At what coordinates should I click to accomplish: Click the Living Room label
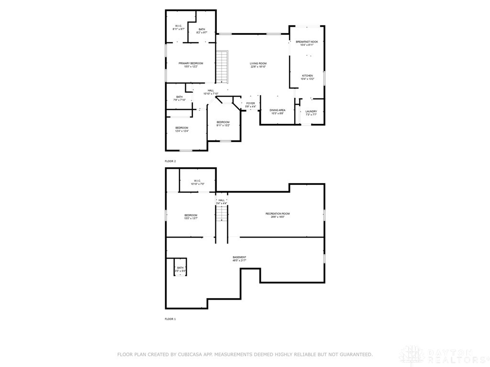[x=258, y=64]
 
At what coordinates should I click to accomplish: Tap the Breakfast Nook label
[x=307, y=42]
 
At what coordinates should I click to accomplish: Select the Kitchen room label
[x=307, y=76]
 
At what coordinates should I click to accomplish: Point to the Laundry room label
[x=311, y=112]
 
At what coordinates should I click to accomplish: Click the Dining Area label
[x=278, y=110]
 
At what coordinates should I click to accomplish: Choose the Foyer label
[x=251, y=103]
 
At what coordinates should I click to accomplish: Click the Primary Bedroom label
[x=191, y=64]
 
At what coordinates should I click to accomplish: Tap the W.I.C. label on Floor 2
[x=178, y=26]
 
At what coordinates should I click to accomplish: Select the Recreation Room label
[x=278, y=214]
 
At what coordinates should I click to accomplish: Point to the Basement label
[x=239, y=258]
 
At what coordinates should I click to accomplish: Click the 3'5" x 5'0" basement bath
[x=180, y=268]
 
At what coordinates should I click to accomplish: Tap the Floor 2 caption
[x=170, y=162]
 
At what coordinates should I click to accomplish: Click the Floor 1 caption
[x=170, y=319]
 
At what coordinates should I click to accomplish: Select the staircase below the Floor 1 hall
[x=221, y=213]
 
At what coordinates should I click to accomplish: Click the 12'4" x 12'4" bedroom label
[x=181, y=128]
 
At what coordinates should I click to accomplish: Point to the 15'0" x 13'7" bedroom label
[x=191, y=216]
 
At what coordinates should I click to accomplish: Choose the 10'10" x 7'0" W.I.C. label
[x=197, y=181]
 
